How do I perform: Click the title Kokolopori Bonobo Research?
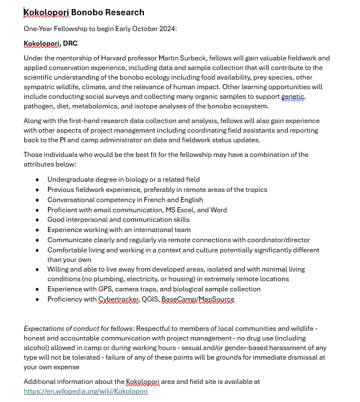click(x=84, y=12)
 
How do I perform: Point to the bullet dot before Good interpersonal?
click(x=37, y=220)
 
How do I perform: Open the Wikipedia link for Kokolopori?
click(x=85, y=391)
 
